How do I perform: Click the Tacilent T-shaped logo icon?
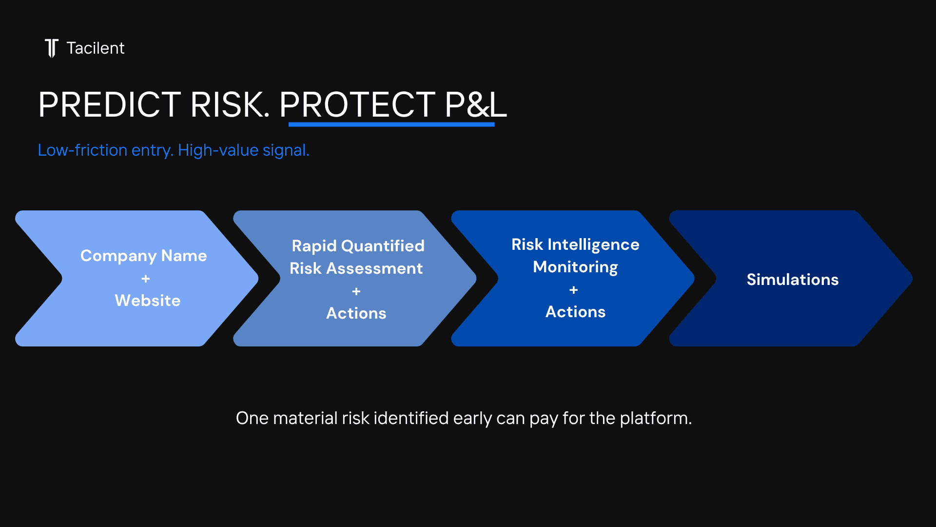[52, 48]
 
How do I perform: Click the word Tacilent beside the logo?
[96, 48]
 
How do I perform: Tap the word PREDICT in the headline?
[110, 104]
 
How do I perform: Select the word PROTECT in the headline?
[357, 104]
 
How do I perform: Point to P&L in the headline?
[476, 104]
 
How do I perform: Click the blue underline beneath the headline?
[391, 124]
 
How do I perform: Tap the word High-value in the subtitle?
[218, 150]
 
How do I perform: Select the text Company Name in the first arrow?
[144, 256]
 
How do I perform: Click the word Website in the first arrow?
[148, 301]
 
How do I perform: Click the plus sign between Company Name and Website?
[145, 279]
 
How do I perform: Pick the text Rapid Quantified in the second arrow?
[358, 246]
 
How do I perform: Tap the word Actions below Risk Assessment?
[356, 313]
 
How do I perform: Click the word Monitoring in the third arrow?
[576, 267]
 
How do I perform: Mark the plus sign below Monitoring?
[574, 290]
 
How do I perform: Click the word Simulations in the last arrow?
[793, 280]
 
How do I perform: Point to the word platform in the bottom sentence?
[656, 419]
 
